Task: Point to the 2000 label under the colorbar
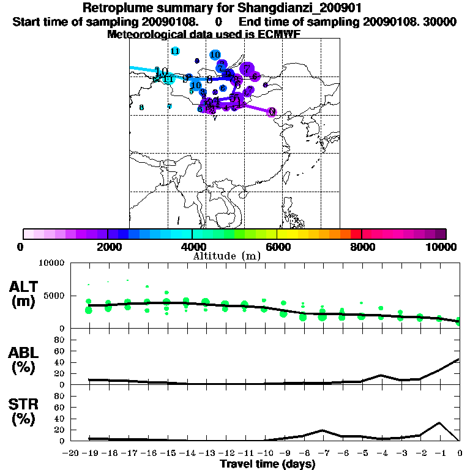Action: tap(108, 247)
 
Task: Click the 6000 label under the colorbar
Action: tap(277, 247)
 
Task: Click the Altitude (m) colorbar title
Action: tap(226, 255)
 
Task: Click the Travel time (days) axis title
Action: tap(267, 464)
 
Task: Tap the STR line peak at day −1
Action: tap(439, 423)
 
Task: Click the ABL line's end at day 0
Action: tap(459, 359)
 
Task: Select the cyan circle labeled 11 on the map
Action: tap(176, 51)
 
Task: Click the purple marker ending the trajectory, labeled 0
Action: tap(272, 111)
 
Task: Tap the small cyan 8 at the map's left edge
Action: tap(141, 108)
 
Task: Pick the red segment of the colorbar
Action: tap(356, 234)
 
